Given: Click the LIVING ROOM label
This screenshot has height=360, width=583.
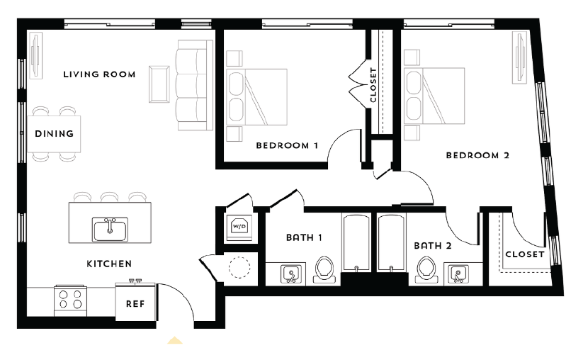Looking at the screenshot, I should tap(98, 74).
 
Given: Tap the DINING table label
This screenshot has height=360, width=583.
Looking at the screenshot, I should tap(54, 134).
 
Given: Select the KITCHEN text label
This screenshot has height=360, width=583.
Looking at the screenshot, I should tap(109, 264).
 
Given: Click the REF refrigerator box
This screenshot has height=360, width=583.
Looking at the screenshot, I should tap(135, 303).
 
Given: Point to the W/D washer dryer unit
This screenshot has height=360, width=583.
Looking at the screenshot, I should tap(239, 227).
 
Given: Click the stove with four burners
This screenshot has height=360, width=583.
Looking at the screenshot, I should tap(70, 300).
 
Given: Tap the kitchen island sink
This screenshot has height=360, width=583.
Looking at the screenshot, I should tap(110, 229).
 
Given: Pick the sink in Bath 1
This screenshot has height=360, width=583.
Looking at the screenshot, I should tap(290, 273).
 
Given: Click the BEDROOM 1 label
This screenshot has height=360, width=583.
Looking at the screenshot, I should tap(287, 145).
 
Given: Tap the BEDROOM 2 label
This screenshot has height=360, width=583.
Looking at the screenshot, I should tap(477, 155).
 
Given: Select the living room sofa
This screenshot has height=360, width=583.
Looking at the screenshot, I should tap(193, 85).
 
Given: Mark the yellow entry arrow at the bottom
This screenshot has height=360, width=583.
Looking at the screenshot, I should tap(175, 340).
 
